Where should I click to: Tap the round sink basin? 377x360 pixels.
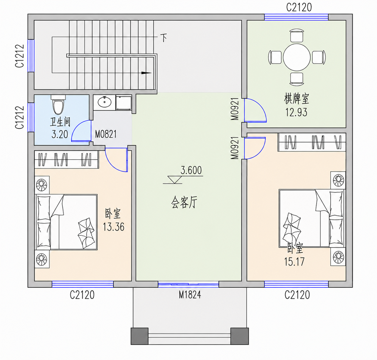(x=105, y=102)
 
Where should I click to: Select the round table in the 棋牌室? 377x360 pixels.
(x=297, y=57)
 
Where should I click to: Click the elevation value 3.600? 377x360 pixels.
(x=191, y=170)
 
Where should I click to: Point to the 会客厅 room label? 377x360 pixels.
(x=184, y=202)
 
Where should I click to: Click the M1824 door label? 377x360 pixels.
(x=190, y=295)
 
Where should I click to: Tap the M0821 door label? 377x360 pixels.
(x=106, y=134)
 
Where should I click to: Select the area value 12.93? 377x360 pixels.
(x=297, y=112)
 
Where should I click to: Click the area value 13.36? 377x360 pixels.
(x=114, y=227)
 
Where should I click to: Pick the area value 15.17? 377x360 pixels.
(x=294, y=262)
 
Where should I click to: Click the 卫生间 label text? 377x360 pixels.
(x=60, y=122)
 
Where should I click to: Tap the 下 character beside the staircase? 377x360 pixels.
(x=164, y=38)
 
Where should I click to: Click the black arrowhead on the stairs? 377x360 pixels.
(x=146, y=73)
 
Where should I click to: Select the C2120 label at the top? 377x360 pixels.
(x=299, y=7)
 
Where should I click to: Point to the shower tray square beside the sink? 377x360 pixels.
(x=124, y=103)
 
